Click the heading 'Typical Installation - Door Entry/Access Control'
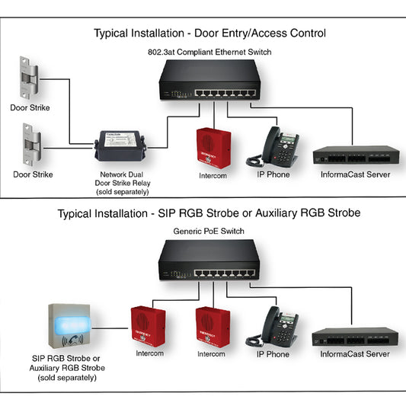pos(209,34)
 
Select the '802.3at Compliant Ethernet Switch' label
pos(209,52)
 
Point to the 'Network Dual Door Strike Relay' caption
pos(120,179)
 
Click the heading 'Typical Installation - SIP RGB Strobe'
pos(209,213)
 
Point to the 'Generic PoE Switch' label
pos(209,232)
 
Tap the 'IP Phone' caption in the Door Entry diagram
pos(272,174)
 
